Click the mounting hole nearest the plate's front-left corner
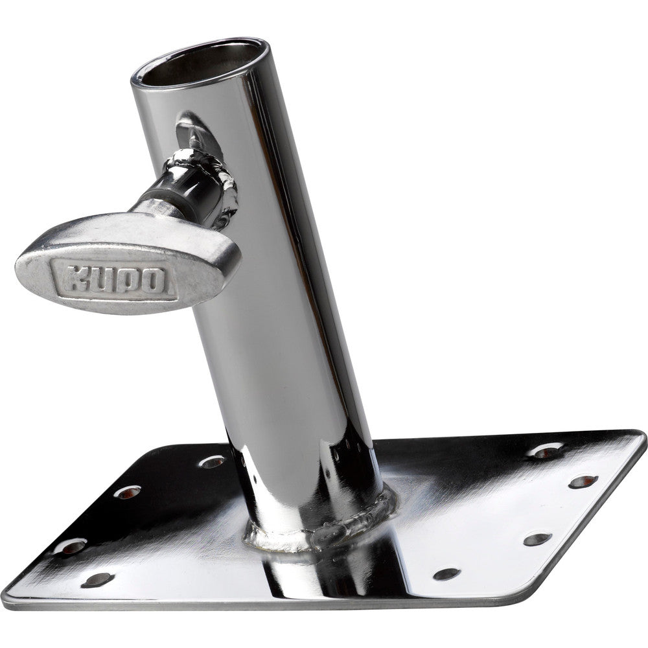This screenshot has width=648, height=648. (96, 579)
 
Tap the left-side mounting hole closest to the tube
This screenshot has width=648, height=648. (213, 461)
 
